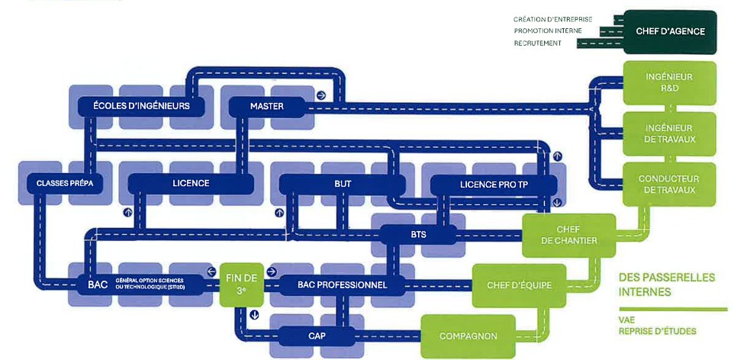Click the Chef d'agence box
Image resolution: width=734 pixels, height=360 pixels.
pyautogui.click(x=670, y=32)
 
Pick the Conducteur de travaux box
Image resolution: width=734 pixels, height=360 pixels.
pyautogui.click(x=669, y=184)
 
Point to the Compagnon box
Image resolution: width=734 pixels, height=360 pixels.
pyautogui.click(x=468, y=336)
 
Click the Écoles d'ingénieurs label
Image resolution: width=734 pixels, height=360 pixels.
pyautogui.click(x=140, y=106)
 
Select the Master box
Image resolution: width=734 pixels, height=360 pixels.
pyautogui.click(x=266, y=106)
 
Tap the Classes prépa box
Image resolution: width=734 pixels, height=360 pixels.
pyautogui.click(x=59, y=183)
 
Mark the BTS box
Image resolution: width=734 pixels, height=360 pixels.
pyautogui.click(x=412, y=234)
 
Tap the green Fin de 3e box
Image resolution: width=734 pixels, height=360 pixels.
pyautogui.click(x=241, y=284)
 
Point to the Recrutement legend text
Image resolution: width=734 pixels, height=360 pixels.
pyautogui.click(x=537, y=43)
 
